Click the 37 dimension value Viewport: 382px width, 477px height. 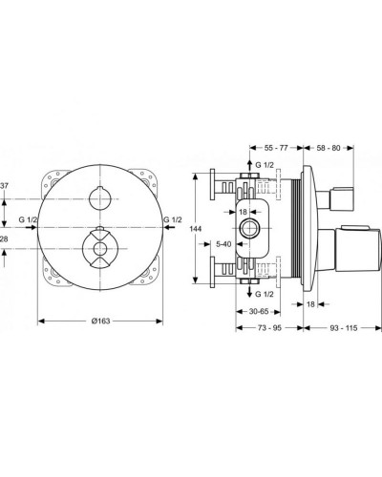(x=5, y=185)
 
